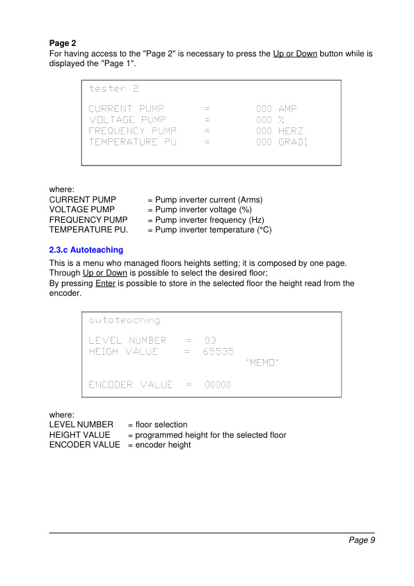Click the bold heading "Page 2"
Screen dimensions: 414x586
[63, 43]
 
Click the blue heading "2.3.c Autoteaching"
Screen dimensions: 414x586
[86, 250]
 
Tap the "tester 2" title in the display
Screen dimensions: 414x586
[114, 89]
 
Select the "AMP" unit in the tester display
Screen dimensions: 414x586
[287, 109]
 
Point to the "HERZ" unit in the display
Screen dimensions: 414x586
[291, 131]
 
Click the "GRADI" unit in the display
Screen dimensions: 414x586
[293, 142]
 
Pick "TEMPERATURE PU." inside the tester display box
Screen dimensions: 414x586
[134, 142]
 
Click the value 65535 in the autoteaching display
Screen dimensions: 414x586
[218, 351]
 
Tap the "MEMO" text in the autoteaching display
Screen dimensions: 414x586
[262, 363]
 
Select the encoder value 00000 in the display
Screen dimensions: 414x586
[218, 385]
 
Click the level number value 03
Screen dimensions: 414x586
[210, 340]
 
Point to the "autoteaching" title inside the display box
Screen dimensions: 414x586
[125, 320]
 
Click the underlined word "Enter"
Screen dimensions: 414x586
[106, 284]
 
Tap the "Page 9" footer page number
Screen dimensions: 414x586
[362, 540]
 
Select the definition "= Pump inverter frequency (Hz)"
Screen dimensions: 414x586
[206, 220]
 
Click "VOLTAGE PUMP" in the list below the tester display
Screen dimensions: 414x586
[82, 209]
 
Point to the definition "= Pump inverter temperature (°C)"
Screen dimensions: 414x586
[209, 230]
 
